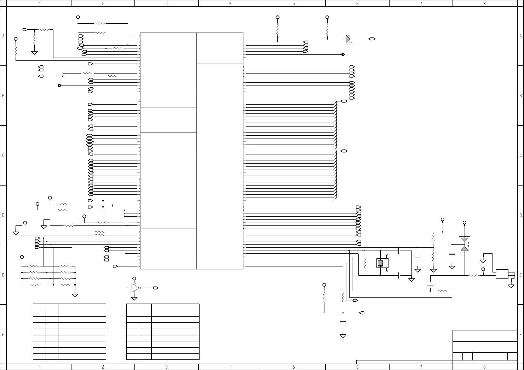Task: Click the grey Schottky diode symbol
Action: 348,39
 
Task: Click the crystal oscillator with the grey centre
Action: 380,263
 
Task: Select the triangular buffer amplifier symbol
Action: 135,288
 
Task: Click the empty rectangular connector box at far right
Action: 502,274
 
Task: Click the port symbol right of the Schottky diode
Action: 372,39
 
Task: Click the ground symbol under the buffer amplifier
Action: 134,298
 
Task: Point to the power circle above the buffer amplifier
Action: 134,278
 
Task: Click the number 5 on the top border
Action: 294,4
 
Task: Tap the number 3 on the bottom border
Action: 167,367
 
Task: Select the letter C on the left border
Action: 4,155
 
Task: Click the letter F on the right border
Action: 520,334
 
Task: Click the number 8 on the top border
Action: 484,4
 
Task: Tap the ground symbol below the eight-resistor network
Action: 75,295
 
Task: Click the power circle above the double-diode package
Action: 465,223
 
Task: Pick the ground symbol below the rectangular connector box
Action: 511,286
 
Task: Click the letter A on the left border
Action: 4,36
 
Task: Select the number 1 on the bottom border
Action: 40,367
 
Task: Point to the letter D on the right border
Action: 520,215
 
